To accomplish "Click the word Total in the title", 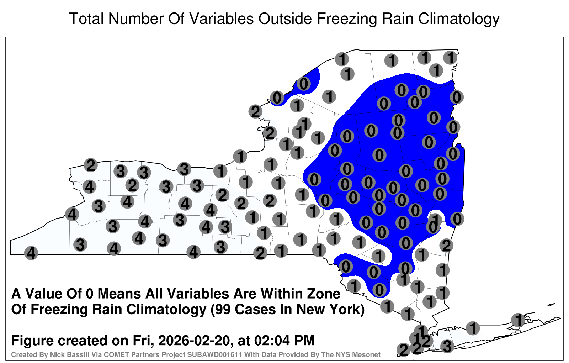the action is coord(86,19).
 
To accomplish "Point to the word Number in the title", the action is coord(136,19).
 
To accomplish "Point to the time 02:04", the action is coord(272,341).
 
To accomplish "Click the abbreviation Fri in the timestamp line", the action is coord(142,341).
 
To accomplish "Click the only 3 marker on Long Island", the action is coord(447,346).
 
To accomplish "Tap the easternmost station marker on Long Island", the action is coord(518,320).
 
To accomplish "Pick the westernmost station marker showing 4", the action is coord(31,253).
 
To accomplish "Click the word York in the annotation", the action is coord(347,309).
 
